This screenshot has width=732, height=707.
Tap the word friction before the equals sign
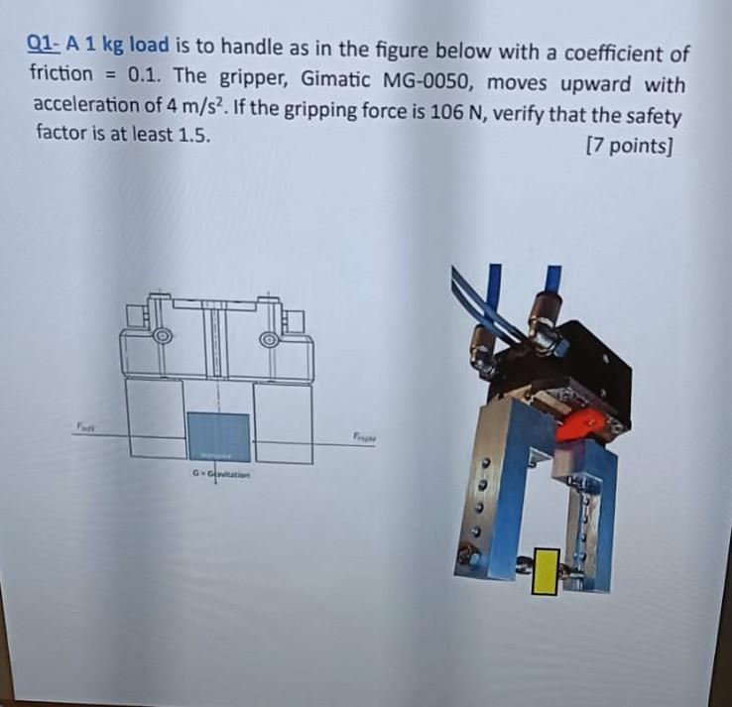61,73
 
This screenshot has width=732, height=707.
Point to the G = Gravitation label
219,476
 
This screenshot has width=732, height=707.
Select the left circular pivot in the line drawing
162,337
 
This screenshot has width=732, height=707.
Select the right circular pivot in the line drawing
269,339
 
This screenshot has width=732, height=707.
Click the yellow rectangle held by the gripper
544,571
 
